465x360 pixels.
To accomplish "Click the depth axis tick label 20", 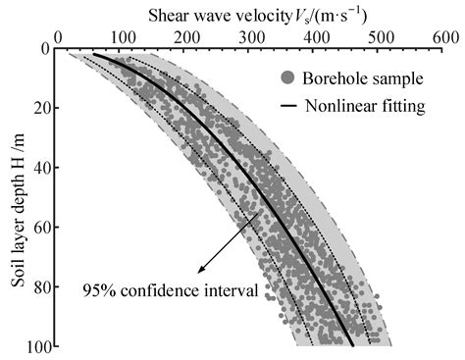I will click(40, 108).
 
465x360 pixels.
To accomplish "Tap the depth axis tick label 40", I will click(40, 168).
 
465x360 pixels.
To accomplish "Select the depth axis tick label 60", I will click(40, 228).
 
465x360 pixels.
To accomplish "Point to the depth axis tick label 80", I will click(40, 287).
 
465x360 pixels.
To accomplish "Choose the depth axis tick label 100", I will click(37, 346).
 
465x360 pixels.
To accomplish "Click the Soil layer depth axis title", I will click(16, 197).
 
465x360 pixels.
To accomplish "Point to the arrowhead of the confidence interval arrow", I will click(199, 271).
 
